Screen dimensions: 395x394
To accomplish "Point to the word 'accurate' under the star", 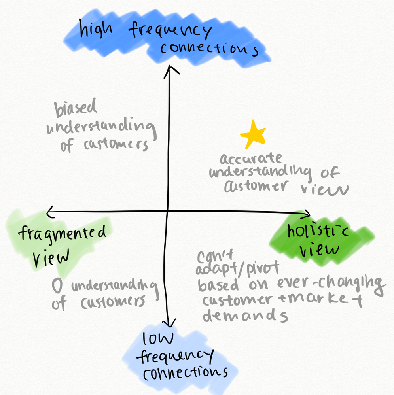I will click(251, 159).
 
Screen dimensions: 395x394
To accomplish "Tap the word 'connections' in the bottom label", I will click(186, 372).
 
